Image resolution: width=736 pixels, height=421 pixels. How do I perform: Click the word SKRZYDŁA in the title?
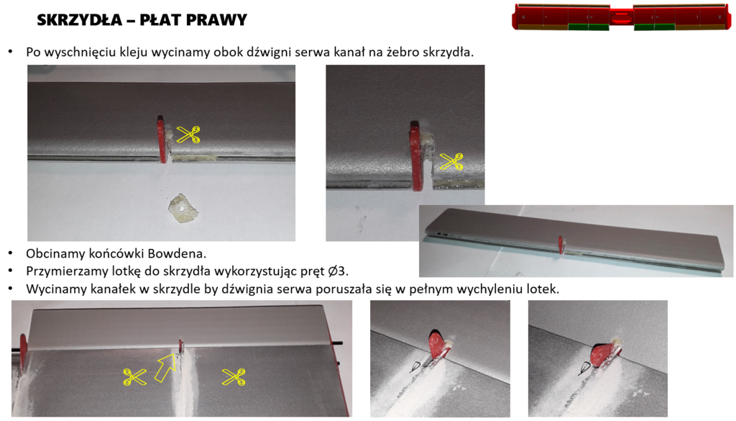[x=79, y=19]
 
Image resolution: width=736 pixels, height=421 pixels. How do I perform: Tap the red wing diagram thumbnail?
[x=622, y=17]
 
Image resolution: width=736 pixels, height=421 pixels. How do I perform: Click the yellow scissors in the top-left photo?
[x=188, y=135]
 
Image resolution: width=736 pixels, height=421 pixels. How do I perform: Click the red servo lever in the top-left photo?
[x=162, y=140]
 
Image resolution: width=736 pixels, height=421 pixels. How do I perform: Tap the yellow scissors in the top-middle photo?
[x=451, y=162]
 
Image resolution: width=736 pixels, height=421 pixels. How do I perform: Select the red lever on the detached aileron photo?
[x=561, y=245]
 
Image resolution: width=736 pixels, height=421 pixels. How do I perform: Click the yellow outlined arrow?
[x=165, y=368]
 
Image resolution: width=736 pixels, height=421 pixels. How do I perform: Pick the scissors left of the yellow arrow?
[x=134, y=377]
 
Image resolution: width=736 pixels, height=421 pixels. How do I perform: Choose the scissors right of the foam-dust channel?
[x=234, y=377]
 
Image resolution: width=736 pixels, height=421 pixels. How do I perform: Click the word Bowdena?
[x=177, y=254]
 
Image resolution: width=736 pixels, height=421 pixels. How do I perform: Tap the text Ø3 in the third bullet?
[x=338, y=271]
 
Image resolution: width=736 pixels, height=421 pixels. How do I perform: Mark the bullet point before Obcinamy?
[x=10, y=254]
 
